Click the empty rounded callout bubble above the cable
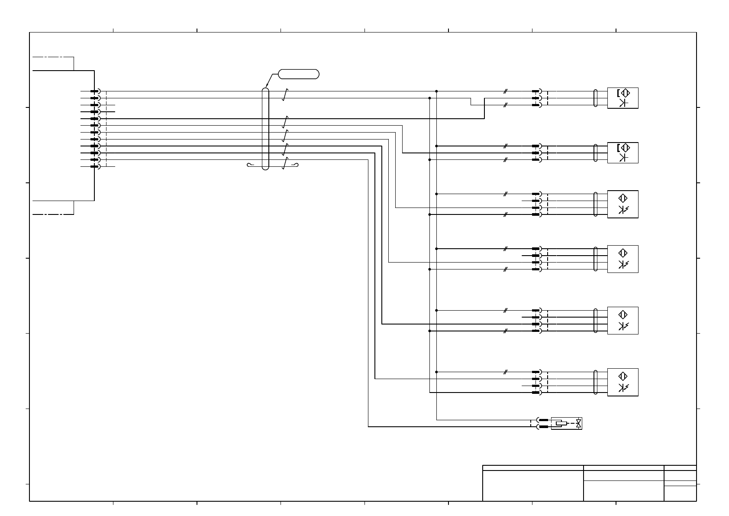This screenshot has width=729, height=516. (x=299, y=74)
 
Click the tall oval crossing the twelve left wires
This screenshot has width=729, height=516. (x=266, y=129)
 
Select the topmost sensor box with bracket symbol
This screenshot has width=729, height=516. (x=623, y=98)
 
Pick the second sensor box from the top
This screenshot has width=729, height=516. (x=623, y=153)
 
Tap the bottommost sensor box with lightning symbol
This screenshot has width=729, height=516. (x=623, y=382)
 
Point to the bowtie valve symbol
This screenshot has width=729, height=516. (x=578, y=423)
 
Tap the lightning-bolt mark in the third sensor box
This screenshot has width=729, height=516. (x=627, y=209)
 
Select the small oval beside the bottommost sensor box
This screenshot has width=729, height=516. (x=596, y=382)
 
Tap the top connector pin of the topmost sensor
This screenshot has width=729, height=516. (x=536, y=91)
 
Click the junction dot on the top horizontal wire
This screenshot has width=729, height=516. (x=436, y=91)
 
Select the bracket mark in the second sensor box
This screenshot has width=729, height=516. (x=618, y=148)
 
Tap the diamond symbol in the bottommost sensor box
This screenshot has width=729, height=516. (x=623, y=376)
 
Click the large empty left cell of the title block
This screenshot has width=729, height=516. (x=532, y=486)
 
